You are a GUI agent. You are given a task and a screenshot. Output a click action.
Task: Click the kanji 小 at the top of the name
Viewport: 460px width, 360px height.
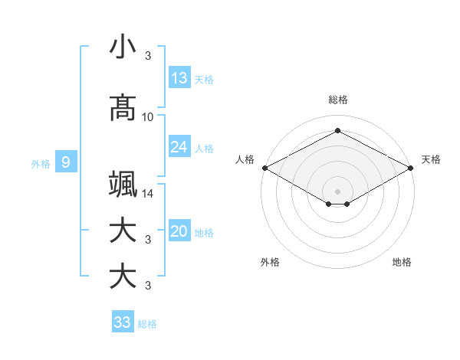[123, 47]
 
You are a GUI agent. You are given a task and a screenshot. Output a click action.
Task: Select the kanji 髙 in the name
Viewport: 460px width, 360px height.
[123, 107]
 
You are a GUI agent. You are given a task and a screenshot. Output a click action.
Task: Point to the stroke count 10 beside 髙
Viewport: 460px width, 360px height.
[148, 116]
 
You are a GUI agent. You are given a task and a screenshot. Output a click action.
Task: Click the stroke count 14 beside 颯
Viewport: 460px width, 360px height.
[148, 194]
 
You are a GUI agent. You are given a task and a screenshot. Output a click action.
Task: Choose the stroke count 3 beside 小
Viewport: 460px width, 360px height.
[148, 55]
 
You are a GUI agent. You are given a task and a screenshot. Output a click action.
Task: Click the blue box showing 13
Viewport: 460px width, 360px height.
[179, 78]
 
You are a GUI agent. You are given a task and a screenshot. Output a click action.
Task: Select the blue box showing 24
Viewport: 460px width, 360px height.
[179, 147]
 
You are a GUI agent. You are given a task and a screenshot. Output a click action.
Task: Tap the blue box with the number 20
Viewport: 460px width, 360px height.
[179, 232]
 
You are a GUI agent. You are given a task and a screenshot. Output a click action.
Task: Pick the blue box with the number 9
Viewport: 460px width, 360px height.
[67, 162]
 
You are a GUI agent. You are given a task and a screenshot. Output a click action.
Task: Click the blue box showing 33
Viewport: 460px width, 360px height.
[123, 322]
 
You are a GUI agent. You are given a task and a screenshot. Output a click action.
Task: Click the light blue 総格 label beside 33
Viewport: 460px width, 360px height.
[148, 324]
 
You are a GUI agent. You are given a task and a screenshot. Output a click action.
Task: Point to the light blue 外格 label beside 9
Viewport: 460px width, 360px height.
[41, 163]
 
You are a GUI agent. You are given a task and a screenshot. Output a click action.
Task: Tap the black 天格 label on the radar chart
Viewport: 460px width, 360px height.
[431, 159]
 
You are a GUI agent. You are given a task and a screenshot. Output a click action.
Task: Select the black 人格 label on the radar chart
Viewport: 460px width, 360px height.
[245, 159]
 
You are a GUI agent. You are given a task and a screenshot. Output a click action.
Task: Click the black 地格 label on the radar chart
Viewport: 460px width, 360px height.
[402, 263]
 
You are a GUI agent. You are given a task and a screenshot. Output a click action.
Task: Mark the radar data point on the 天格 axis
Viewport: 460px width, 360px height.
[411, 168]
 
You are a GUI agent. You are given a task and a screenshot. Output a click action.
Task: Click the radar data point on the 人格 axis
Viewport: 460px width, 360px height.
[264, 168]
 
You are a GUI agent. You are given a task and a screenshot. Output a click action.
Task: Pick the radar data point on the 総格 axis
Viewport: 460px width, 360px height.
[337, 131]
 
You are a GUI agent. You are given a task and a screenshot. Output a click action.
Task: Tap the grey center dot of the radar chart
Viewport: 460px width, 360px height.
[337, 191]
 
